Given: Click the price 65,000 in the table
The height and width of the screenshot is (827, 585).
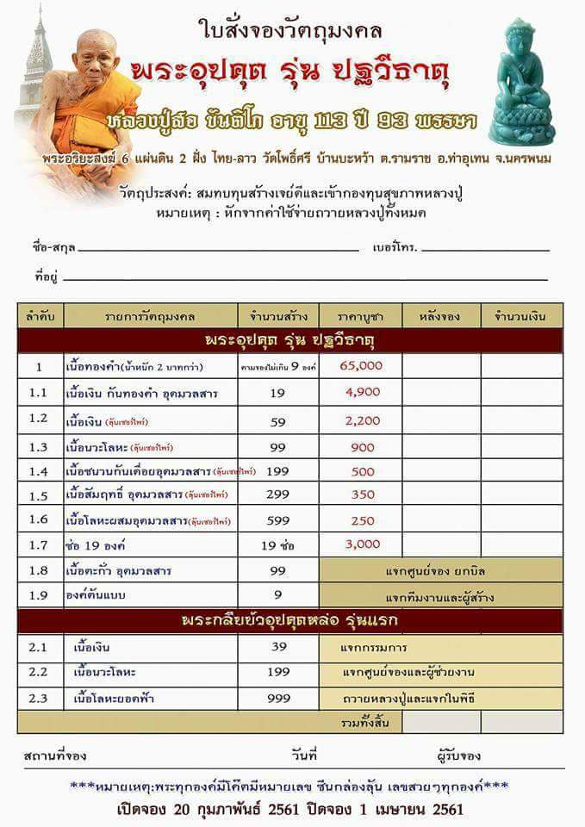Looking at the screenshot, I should tap(361, 365).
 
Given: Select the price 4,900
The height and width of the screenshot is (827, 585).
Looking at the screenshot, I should tap(362, 392).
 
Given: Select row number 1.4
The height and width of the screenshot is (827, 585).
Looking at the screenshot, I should tap(39, 471).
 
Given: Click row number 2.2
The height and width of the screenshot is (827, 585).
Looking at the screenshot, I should tap(39, 671).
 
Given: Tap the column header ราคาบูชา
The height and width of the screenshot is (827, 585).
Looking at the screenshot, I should tap(361, 316).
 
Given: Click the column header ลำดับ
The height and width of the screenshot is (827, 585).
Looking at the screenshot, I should tap(39, 316).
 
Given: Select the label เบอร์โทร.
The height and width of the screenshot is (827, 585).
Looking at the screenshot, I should tap(395, 247).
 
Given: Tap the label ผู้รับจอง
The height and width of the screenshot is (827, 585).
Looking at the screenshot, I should tap(458, 755).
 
